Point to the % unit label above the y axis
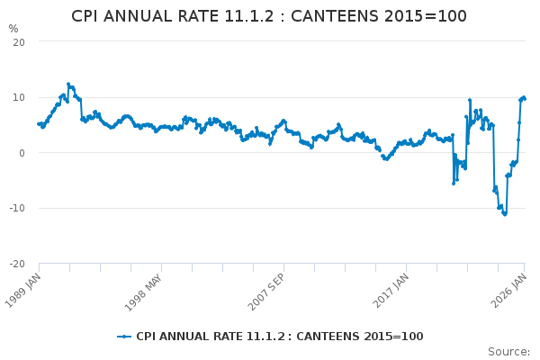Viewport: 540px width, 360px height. (x=13, y=29)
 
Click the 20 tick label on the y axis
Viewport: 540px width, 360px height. (x=19, y=42)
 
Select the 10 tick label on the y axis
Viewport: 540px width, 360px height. (x=19, y=97)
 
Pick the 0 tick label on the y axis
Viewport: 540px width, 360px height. (x=22, y=153)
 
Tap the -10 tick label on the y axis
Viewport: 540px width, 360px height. (x=17, y=208)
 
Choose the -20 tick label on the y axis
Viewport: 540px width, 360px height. (x=17, y=264)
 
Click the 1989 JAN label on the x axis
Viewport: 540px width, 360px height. (x=23, y=291)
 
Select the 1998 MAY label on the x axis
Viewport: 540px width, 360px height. (x=143, y=292)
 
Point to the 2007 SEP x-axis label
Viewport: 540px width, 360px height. (x=266, y=292)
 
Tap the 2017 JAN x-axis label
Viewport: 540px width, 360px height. (x=391, y=291)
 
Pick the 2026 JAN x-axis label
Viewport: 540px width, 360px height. (x=508, y=291)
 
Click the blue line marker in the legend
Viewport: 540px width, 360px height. (x=124, y=337)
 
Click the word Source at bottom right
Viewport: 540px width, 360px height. (x=508, y=352)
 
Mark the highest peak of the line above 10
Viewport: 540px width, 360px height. (x=68, y=84)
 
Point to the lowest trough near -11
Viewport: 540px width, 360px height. (x=505, y=214)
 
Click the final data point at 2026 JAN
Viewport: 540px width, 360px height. (x=525, y=99)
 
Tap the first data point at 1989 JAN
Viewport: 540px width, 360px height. (x=39, y=123)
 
